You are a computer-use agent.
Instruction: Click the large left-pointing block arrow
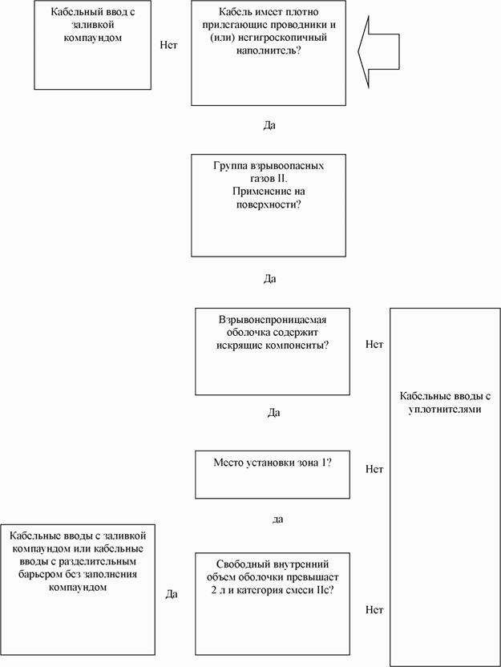378,51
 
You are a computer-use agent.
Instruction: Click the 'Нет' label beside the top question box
168,45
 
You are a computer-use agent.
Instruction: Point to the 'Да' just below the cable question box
269,125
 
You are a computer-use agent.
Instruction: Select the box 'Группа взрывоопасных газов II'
269,205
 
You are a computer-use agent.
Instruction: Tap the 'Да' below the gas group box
269,279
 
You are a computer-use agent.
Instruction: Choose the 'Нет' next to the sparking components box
374,345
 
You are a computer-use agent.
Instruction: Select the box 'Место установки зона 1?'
273,474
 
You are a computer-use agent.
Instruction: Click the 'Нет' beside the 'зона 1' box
374,468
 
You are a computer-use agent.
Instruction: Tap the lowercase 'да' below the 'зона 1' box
277,519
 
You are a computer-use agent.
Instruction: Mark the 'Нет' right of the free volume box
374,610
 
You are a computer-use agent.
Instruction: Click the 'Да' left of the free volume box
172,594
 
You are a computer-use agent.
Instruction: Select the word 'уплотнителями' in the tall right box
444,410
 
